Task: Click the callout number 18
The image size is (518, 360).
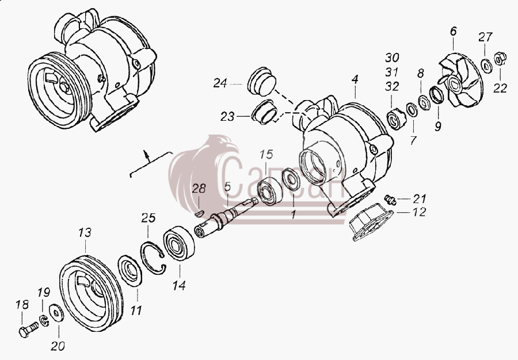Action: pos(22,305)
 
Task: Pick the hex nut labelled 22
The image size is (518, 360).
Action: pos(500,59)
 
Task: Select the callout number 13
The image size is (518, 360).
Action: pos(85,233)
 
